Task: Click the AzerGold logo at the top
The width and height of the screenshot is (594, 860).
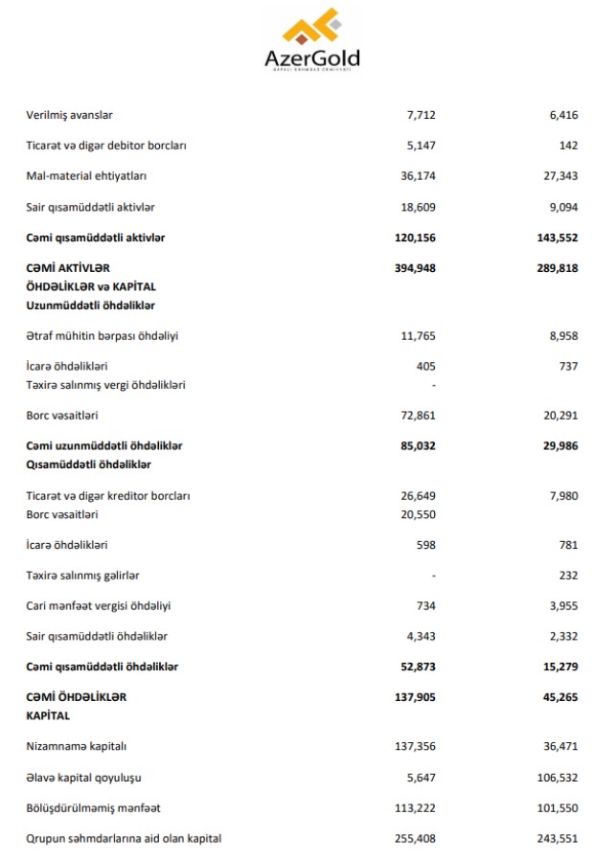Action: [312, 41]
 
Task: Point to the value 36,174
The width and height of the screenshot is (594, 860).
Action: [417, 176]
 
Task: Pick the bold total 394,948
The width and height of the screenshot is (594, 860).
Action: [415, 268]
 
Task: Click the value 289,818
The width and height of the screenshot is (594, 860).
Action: [557, 268]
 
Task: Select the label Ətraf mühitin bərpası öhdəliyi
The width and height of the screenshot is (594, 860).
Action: [102, 336]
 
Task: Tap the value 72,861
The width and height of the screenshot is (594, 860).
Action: [417, 416]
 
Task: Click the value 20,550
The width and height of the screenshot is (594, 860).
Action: [417, 514]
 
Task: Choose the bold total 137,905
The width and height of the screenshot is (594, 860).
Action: [415, 697]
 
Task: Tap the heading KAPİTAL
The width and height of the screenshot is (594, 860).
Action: [48, 715]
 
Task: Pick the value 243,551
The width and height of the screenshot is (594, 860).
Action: [558, 838]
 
